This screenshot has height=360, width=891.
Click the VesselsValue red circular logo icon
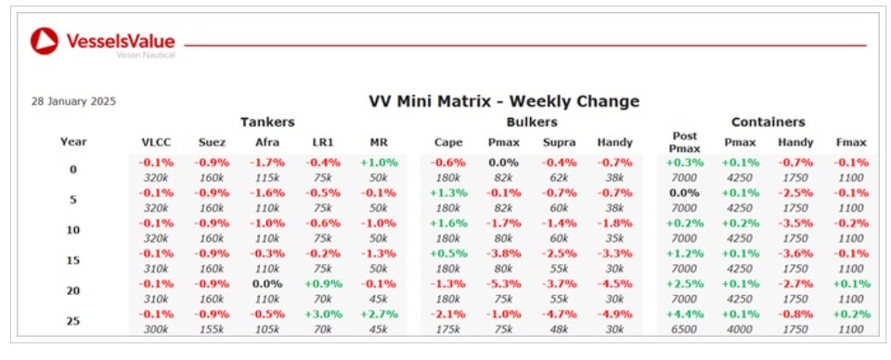point(45,41)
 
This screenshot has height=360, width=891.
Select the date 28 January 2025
point(74,102)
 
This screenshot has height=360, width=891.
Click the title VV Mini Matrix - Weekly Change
point(504,102)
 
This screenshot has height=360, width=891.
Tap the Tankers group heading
point(267,122)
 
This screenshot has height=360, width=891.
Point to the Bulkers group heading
point(532,122)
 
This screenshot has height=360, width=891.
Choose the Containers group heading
point(768,122)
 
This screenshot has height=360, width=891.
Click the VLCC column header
point(156,143)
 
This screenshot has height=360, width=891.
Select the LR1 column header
point(322,143)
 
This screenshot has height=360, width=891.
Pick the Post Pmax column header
point(684,143)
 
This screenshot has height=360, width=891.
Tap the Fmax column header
point(851,143)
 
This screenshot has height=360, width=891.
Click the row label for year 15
point(73,260)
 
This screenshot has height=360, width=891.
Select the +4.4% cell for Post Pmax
point(684,314)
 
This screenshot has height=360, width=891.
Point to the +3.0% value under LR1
point(322,314)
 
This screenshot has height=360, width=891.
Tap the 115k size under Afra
point(267,177)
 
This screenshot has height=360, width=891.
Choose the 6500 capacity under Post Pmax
point(684,328)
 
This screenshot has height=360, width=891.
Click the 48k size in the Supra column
point(560,328)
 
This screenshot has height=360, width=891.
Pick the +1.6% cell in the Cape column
point(448,224)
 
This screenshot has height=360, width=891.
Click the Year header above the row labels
point(73,143)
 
